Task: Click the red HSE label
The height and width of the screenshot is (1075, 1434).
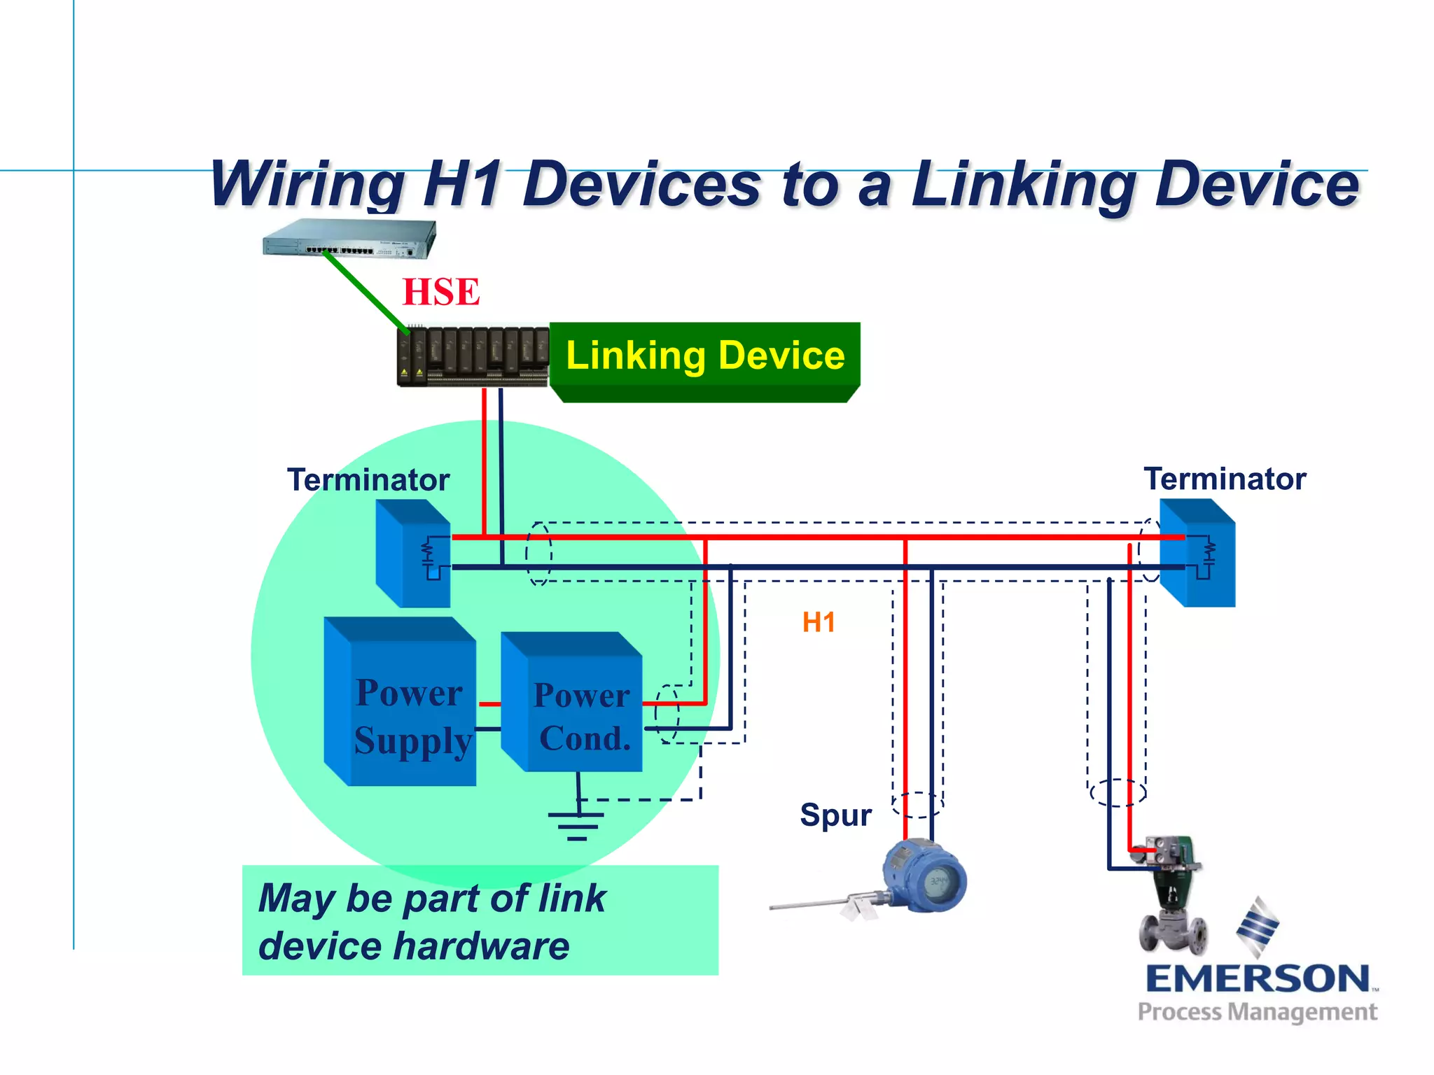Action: [x=441, y=292]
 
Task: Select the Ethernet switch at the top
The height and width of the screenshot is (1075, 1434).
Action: [x=349, y=239]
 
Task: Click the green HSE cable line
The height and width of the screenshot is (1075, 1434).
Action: [x=366, y=292]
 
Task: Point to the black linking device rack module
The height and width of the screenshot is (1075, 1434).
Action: [x=473, y=356]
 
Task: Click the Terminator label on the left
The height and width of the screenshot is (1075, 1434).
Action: [x=368, y=480]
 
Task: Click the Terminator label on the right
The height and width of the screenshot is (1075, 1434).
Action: [x=1225, y=479]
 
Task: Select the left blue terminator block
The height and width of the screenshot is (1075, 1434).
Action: [x=413, y=553]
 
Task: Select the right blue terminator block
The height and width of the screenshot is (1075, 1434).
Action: [x=1198, y=553]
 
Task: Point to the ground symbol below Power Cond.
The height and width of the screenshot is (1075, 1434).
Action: [x=576, y=822]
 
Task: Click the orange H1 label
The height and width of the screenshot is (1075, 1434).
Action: [x=819, y=622]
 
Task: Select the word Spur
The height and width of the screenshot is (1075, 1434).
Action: [x=835, y=815]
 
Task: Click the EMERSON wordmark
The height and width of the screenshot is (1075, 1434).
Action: [x=1258, y=978]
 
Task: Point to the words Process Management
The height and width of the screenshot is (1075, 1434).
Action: [x=1258, y=1012]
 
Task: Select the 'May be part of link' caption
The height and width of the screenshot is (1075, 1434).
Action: [x=431, y=899]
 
